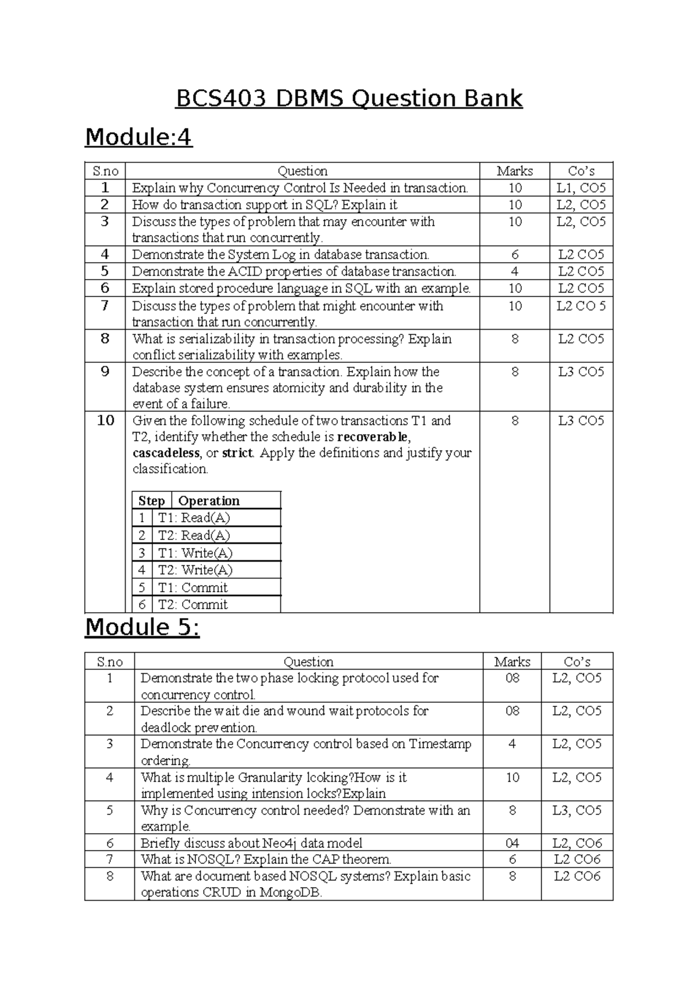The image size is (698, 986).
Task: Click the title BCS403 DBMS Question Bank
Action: (x=349, y=99)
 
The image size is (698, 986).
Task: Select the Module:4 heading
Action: (x=138, y=138)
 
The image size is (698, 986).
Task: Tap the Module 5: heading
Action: (x=143, y=627)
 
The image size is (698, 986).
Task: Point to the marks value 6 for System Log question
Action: (x=515, y=255)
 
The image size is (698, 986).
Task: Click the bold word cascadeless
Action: (x=166, y=453)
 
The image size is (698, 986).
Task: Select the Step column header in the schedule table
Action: (x=152, y=501)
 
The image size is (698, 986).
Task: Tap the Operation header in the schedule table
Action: (x=209, y=501)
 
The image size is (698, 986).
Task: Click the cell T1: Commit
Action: (x=193, y=587)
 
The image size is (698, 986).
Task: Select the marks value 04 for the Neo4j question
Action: (x=512, y=843)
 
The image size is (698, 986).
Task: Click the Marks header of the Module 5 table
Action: (x=512, y=662)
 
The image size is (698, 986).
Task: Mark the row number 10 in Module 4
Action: (x=105, y=420)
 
